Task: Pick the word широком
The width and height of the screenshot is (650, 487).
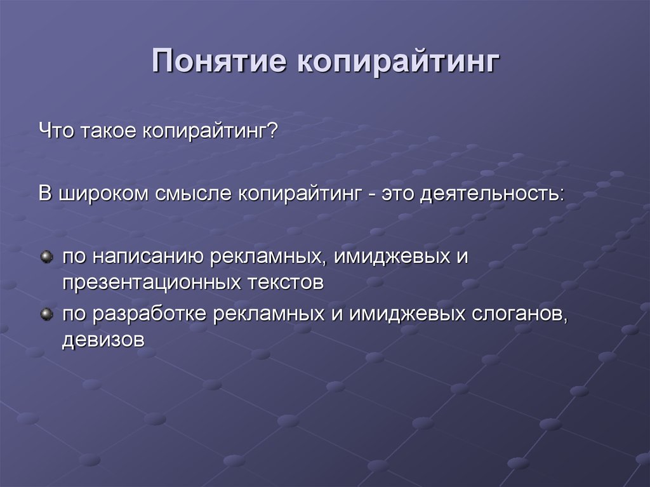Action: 103,194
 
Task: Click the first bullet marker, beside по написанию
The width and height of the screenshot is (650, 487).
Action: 47,257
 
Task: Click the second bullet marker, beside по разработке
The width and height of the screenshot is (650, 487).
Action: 47,314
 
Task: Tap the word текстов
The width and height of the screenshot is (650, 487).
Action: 286,283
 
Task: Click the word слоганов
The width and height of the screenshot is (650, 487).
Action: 518,314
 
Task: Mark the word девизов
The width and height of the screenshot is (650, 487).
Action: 103,340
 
